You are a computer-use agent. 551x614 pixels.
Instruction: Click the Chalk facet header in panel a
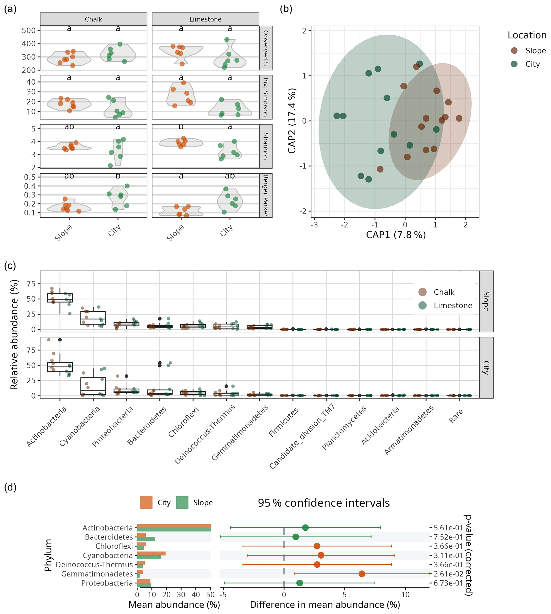coord(93,19)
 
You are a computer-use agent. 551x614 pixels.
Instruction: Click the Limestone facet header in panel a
coord(205,19)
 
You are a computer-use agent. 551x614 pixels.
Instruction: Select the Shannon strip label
coord(266,146)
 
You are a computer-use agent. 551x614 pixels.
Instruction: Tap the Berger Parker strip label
coord(266,195)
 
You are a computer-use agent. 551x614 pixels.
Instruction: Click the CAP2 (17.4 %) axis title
coord(292,121)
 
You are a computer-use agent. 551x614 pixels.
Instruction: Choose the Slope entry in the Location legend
coord(535,51)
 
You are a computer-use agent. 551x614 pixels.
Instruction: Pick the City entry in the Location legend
coord(532,64)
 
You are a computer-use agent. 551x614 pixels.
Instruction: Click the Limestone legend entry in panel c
coord(453,306)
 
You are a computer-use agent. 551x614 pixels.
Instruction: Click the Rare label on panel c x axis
coord(456,416)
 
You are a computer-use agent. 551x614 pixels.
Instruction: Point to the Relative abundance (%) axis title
coord(14,334)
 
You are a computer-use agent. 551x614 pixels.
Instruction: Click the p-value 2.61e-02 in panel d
coord(448,574)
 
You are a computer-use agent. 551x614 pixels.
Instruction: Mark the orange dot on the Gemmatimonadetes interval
coord(361,574)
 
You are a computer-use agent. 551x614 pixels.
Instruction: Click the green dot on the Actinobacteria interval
coord(305,528)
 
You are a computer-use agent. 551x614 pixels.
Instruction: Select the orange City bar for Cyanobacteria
coord(151,554)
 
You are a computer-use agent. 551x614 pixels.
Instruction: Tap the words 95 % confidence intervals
coord(324,503)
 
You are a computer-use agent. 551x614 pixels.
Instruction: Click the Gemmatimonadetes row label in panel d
coord(97,574)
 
